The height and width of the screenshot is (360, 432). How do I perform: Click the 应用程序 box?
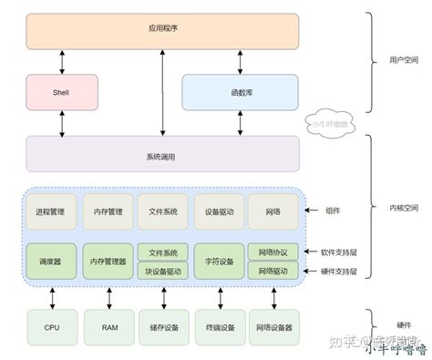[162, 30]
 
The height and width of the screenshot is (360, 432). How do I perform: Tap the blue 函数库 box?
[241, 91]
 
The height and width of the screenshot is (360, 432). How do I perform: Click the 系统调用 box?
[162, 155]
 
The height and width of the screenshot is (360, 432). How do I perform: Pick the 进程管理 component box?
[51, 211]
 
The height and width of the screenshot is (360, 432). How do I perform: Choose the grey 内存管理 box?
[108, 211]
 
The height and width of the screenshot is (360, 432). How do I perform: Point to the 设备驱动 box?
[220, 211]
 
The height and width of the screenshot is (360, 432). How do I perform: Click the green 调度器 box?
[51, 261]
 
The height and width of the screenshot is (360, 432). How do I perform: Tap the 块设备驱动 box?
[163, 271]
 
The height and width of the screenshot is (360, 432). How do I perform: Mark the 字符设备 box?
[220, 261]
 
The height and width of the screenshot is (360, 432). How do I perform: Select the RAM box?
[108, 325]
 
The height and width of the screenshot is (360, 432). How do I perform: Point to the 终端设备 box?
[220, 325]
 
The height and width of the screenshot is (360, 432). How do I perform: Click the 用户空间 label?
[394, 59]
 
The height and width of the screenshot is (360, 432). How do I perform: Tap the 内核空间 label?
[394, 208]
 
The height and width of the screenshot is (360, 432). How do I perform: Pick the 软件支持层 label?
[339, 252]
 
